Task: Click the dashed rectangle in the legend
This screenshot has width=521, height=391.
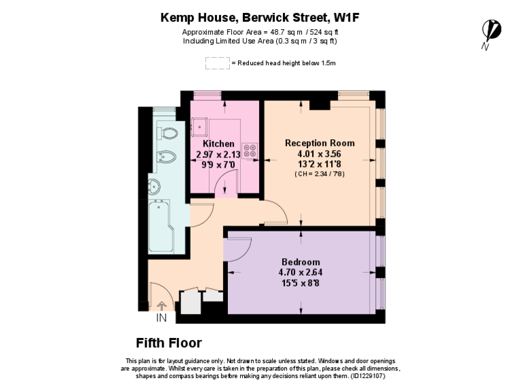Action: (217, 63)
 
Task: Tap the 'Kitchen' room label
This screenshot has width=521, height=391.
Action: (218, 144)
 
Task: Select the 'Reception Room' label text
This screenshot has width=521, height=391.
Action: (320, 143)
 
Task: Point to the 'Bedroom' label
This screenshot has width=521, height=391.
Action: (301, 262)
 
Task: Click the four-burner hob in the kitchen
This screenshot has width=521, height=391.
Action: (249, 149)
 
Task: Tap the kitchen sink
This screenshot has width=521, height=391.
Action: (201, 126)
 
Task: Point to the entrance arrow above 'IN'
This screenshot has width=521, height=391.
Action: (161, 306)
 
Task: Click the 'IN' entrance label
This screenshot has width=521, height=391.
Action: (161, 318)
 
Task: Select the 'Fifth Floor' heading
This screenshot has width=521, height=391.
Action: (168, 343)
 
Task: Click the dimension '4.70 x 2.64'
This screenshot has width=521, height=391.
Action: (300, 273)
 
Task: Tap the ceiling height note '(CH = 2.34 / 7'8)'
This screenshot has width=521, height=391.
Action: (320, 174)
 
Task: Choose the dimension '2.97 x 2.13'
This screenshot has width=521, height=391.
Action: (218, 154)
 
